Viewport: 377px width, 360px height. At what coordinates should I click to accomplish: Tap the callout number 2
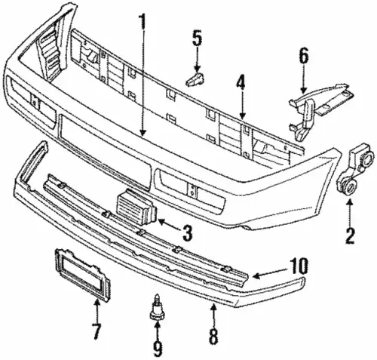[x=350, y=236]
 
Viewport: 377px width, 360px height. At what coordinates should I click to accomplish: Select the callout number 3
[x=187, y=232]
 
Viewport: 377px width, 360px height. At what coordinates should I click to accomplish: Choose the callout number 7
[x=97, y=331]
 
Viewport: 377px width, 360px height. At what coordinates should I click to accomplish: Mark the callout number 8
[x=213, y=337]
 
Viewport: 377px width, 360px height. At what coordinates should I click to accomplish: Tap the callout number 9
[x=158, y=349]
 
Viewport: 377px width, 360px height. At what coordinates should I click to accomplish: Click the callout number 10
[x=299, y=266]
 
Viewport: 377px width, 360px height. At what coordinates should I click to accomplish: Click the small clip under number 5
[x=195, y=79]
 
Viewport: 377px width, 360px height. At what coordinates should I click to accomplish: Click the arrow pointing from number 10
[x=270, y=273]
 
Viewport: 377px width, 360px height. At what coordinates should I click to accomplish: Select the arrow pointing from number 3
[x=168, y=224]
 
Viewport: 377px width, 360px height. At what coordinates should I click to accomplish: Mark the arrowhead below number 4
[x=242, y=116]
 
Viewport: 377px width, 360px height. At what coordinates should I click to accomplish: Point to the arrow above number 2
[x=350, y=213]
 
